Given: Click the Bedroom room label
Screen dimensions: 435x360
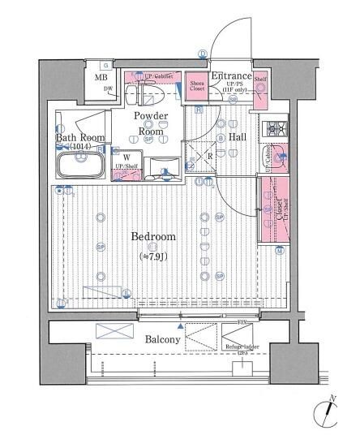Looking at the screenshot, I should [x=153, y=236].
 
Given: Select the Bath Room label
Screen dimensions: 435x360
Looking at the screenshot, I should [x=78, y=138].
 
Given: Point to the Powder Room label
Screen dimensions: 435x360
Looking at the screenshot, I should [x=152, y=123].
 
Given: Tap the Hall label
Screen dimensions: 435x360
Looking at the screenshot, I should [x=238, y=137].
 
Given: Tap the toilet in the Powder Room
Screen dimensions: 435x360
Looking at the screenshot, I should [x=152, y=92].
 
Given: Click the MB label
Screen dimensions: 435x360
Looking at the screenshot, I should [x=101, y=78].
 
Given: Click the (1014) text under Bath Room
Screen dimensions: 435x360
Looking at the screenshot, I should [x=79, y=148].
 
